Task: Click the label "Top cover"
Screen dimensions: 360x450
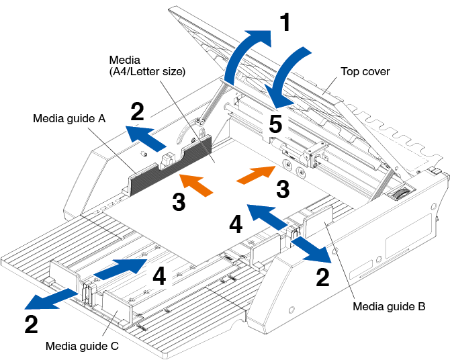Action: click(x=365, y=71)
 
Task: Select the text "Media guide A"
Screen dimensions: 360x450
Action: click(x=69, y=119)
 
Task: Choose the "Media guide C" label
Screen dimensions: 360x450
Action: click(x=82, y=346)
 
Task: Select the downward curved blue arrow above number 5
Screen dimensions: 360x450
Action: click(x=291, y=74)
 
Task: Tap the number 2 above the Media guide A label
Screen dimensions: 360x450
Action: click(x=137, y=112)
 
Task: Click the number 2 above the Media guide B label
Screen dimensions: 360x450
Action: click(x=323, y=277)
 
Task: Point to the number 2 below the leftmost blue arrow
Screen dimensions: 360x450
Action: click(x=31, y=324)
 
